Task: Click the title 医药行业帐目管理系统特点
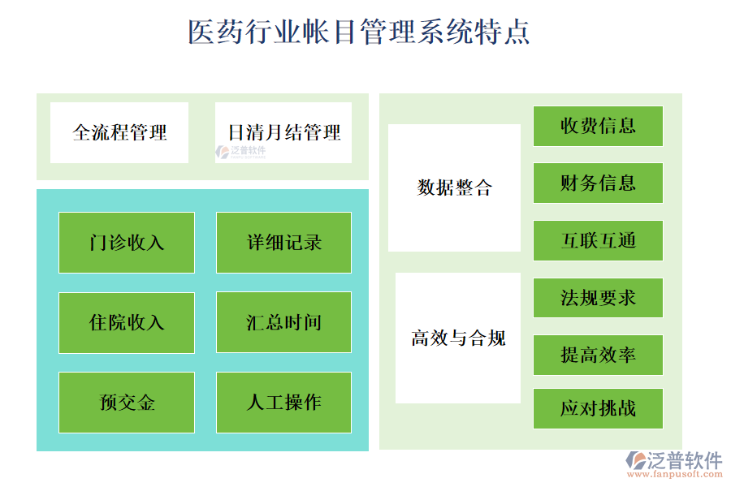coord(359,32)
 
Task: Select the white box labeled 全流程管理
coord(119,132)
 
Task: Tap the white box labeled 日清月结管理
coord(283,132)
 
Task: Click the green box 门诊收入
coord(127,242)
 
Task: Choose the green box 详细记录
coord(283,242)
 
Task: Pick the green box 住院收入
coord(127,322)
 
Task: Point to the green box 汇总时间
coord(283,322)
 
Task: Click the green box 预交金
coord(127,402)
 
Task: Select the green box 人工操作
coord(283,402)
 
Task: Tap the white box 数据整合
coord(454,187)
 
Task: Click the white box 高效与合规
coord(458,338)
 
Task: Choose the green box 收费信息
coord(598,126)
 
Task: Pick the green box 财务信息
coord(598,183)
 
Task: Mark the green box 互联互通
coord(598,240)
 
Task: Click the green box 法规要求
coord(598,298)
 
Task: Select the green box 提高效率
coord(598,355)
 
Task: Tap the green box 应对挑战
coord(598,408)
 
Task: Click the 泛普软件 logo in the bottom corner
coord(673,460)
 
